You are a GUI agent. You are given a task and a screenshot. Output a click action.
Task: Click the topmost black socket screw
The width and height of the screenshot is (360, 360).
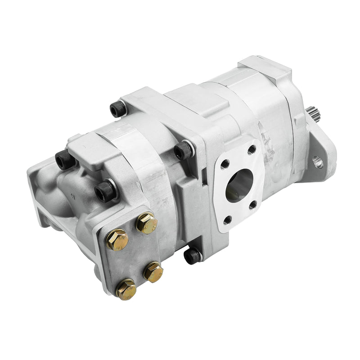point(117,108)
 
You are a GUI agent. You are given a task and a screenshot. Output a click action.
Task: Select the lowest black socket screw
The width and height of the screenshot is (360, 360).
point(192,256)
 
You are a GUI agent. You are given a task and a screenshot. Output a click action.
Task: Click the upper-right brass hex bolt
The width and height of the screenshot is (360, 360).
point(147,223)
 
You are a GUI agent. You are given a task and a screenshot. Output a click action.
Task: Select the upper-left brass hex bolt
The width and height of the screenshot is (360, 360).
point(117,240)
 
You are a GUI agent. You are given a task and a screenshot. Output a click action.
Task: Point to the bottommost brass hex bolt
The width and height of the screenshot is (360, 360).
point(126,289)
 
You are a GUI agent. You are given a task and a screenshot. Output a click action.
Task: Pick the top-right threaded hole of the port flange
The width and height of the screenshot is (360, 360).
point(252,148)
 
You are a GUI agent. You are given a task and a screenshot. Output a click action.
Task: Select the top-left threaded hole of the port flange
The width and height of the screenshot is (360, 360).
point(225,162)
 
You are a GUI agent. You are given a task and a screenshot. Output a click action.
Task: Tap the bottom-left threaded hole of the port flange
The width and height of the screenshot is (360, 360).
point(227,219)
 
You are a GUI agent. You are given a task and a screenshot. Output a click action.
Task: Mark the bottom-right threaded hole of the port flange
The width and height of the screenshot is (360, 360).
point(252,205)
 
